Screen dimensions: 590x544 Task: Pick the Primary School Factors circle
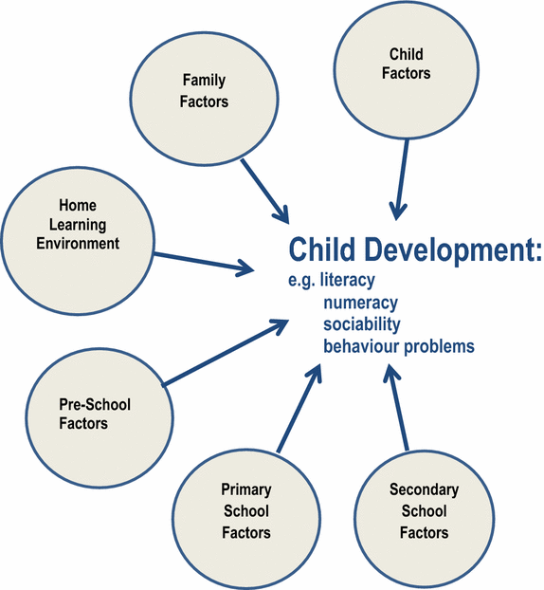click(246, 511)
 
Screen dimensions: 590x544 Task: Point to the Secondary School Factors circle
click(424, 511)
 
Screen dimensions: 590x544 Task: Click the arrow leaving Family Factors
click(264, 189)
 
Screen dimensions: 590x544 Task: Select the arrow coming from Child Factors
click(403, 175)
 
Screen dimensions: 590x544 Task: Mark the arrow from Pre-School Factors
click(227, 352)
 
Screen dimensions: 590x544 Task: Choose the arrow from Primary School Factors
click(296, 408)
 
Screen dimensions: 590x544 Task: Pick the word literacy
click(348, 281)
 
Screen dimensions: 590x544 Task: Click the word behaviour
click(361, 346)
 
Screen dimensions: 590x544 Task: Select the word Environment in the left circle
click(78, 244)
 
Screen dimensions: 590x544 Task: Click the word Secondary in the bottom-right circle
click(424, 490)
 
